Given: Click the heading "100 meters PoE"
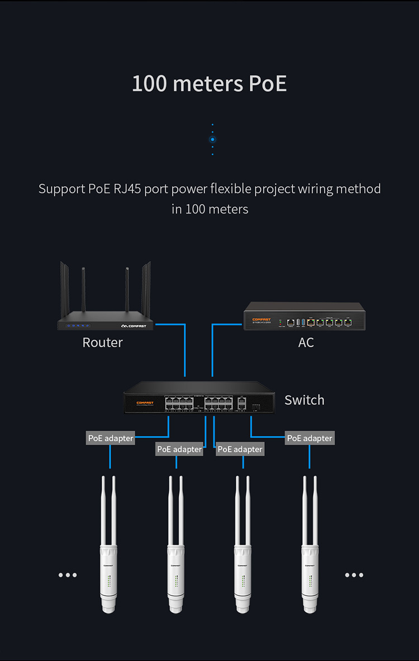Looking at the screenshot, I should [x=209, y=84].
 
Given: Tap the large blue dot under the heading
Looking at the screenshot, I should [x=212, y=139].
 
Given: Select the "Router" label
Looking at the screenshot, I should [x=102, y=342].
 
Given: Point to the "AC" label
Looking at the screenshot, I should [x=306, y=342].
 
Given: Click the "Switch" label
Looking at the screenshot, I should [x=304, y=400].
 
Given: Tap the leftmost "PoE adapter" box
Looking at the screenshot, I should [x=111, y=438].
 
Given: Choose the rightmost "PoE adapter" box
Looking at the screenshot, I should [x=310, y=438].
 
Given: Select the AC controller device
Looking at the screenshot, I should [x=304, y=317].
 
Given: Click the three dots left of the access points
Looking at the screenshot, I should [x=68, y=575].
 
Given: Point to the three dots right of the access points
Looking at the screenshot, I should [x=354, y=575].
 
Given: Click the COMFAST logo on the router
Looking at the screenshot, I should [x=134, y=326].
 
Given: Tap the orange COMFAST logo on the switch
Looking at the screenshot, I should [x=145, y=403].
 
